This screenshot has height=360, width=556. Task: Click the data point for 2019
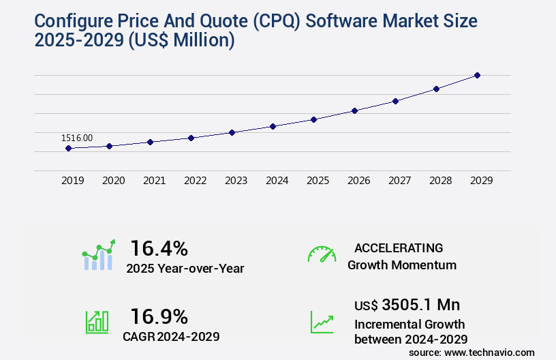[x=68, y=148]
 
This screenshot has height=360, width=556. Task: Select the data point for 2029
[x=477, y=75]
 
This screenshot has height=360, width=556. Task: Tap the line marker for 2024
[x=273, y=126]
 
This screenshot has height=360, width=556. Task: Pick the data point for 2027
[x=395, y=101]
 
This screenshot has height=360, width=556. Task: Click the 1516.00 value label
[x=77, y=138]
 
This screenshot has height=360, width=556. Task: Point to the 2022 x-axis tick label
[x=195, y=181]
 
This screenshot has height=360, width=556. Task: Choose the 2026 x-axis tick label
[x=358, y=181]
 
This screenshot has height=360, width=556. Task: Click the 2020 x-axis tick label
[x=113, y=181]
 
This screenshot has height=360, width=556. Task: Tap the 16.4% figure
[x=159, y=247]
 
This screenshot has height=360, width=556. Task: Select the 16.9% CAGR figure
[x=159, y=316]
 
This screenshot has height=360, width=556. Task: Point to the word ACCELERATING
[x=399, y=247]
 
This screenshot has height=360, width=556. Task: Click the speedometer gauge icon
[x=322, y=254]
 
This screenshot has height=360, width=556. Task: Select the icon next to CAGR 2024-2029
[x=97, y=321]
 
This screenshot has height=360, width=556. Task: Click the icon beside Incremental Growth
[x=322, y=321]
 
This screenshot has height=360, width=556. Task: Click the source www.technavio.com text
[x=472, y=352]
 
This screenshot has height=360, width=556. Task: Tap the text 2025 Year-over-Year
[x=185, y=268]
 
